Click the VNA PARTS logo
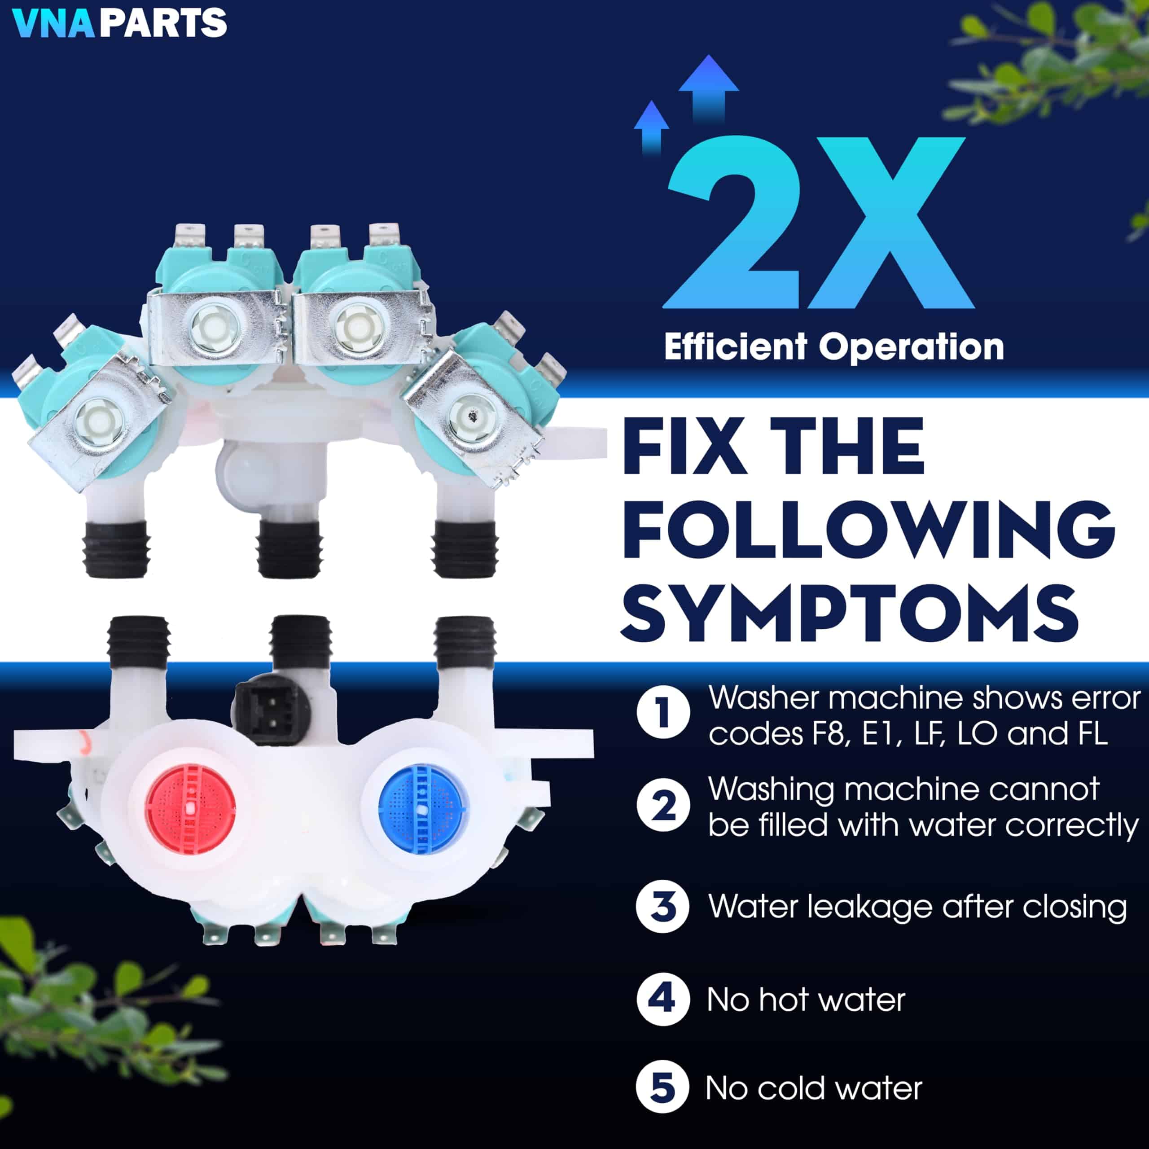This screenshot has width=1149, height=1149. [x=119, y=22]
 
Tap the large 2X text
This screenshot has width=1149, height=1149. [x=818, y=223]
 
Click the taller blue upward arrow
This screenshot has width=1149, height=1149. [x=708, y=89]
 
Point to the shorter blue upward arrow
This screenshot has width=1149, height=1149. [x=652, y=128]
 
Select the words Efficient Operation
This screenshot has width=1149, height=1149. [x=834, y=347]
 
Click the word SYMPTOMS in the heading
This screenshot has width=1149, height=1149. [x=849, y=613]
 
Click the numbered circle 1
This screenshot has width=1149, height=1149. [x=663, y=712]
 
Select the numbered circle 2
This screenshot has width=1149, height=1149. [x=663, y=806]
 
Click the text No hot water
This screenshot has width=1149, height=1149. [x=806, y=1000]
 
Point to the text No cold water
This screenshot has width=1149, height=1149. [x=814, y=1088]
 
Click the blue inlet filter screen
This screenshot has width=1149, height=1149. [x=423, y=807]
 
